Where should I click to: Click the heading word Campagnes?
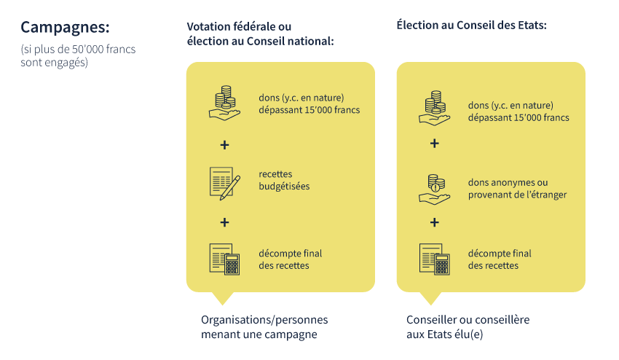[65, 27]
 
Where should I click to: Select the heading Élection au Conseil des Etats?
[471, 25]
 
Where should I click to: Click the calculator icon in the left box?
[224, 259]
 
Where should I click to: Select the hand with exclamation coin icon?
[434, 188]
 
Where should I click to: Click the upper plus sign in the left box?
[224, 145]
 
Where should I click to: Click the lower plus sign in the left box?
[224, 222]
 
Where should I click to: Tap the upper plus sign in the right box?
[434, 144]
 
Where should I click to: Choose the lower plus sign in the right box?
[434, 222]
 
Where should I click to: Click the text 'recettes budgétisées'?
[284, 180]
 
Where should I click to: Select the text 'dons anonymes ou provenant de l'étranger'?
[517, 188]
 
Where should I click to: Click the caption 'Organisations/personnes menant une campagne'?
[264, 327]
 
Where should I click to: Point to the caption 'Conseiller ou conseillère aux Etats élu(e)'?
[468, 327]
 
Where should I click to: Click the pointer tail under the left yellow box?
[221, 297]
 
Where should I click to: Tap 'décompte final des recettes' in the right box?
[500, 259]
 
